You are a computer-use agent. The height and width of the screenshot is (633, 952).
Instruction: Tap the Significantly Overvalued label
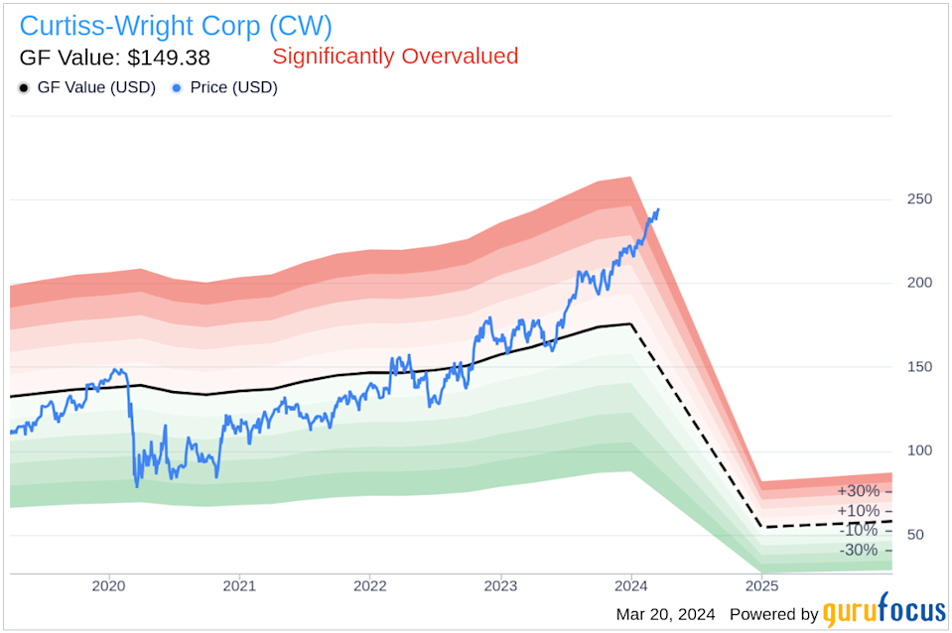tap(395, 57)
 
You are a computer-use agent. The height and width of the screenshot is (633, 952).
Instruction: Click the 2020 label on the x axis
tap(108, 585)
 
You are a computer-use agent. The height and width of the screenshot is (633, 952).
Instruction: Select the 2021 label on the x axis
tap(239, 585)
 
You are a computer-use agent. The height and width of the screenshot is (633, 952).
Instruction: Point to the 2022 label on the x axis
tap(369, 585)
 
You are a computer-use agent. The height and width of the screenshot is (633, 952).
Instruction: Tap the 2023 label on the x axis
tap(500, 585)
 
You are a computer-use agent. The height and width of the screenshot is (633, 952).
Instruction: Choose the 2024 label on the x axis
tap(630, 585)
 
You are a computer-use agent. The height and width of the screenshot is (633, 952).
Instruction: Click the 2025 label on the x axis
tap(761, 585)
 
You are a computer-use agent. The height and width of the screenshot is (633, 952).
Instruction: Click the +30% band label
tap(858, 491)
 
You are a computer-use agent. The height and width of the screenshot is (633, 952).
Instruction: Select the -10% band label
tap(858, 531)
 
